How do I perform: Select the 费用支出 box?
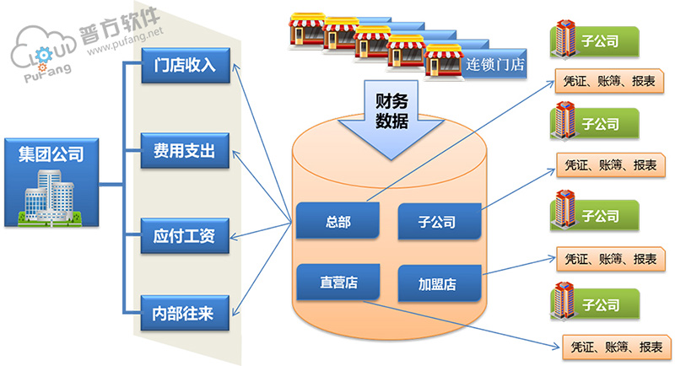point(186,151)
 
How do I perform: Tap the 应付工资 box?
point(186,235)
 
